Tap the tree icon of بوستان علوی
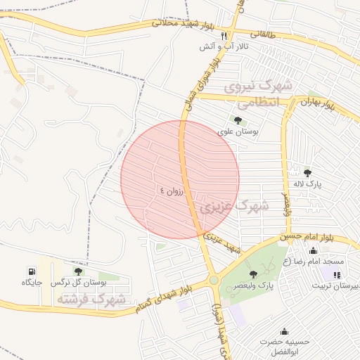click(x=238, y=120)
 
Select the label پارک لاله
click(x=307, y=184)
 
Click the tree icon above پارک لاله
click(x=307, y=172)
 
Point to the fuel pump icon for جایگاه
click(x=32, y=271)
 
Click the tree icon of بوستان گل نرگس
click(x=78, y=271)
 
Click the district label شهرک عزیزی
click(x=233, y=207)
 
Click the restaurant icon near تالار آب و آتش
click(x=224, y=36)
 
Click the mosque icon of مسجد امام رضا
click(x=313, y=251)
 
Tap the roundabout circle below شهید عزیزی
click(x=213, y=281)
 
